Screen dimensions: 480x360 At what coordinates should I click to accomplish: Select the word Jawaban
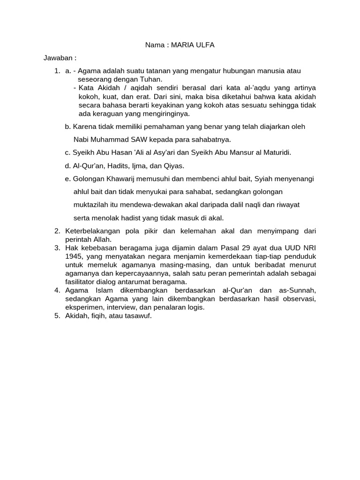(59, 58)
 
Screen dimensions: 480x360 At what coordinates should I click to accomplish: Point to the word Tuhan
(149, 79)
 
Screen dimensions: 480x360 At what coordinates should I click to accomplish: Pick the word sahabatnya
(209, 139)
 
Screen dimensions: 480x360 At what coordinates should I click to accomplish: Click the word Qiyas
(173, 165)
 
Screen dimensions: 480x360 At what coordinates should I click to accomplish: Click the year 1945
(74, 256)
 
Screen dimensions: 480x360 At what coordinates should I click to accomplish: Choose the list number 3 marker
(56, 248)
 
